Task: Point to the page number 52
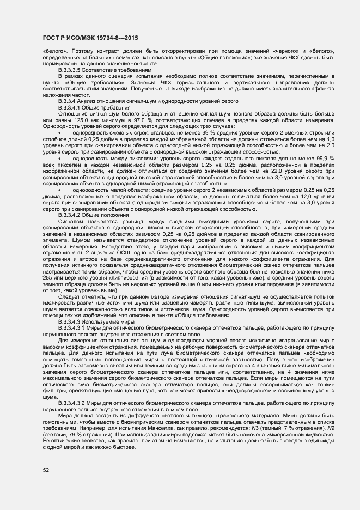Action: click(x=46, y=469)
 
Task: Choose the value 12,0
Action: click(x=295, y=196)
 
